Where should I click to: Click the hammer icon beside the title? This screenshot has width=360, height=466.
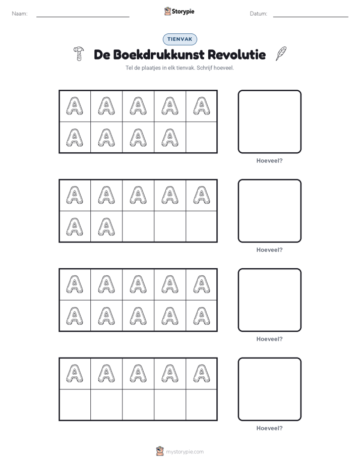[x=79, y=53]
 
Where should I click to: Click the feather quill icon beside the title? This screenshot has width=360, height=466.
[x=281, y=53]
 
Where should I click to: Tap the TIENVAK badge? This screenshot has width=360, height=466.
[x=179, y=39]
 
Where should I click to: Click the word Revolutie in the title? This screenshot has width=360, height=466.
[x=236, y=54]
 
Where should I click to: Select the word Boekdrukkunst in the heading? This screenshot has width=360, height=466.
[x=159, y=54]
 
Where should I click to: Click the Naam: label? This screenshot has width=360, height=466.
[x=20, y=14]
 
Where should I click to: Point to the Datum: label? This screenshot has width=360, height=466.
[x=259, y=14]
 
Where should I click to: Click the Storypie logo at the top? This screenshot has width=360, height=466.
[x=179, y=11]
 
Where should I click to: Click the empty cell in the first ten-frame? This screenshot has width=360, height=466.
[x=201, y=137]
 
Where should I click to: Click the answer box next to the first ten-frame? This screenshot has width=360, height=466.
[x=269, y=122]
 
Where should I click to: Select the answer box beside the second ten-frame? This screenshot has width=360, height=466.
[x=269, y=211]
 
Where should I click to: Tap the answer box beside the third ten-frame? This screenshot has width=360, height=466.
[x=269, y=300]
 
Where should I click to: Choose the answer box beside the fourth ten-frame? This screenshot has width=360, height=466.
[x=269, y=389]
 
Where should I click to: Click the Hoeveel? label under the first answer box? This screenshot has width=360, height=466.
[x=269, y=160]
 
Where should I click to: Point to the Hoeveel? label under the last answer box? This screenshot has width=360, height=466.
[x=269, y=428]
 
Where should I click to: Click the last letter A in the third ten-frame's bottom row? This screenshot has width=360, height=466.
[x=201, y=316]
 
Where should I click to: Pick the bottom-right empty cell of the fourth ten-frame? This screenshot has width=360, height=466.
[x=201, y=405]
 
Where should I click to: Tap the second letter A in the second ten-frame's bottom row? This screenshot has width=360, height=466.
[x=106, y=227]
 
